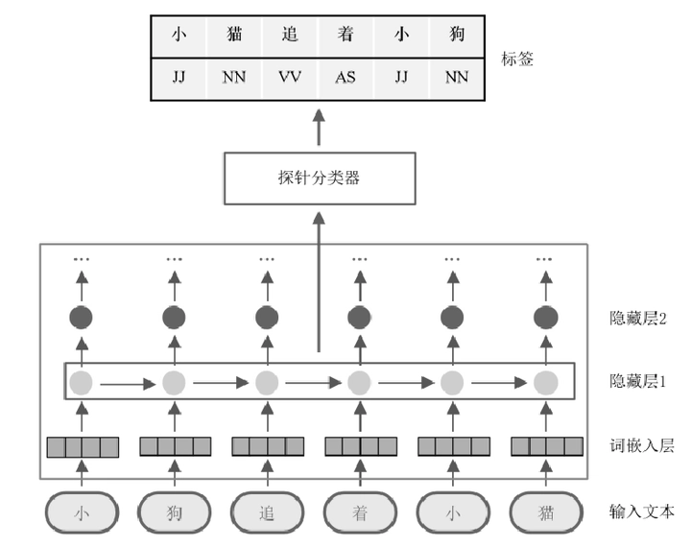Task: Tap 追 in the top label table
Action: click(289, 36)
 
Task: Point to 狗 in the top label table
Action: click(457, 36)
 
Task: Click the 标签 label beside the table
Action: click(516, 60)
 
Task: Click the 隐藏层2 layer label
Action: click(637, 318)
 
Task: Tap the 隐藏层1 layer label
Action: click(637, 382)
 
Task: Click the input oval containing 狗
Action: click(174, 512)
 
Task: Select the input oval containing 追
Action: click(267, 512)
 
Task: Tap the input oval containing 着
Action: click(359, 512)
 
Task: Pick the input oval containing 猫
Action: click(545, 512)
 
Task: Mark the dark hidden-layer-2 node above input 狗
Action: click(174, 317)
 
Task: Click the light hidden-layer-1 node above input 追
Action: click(267, 383)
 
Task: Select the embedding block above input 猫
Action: click(546, 446)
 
